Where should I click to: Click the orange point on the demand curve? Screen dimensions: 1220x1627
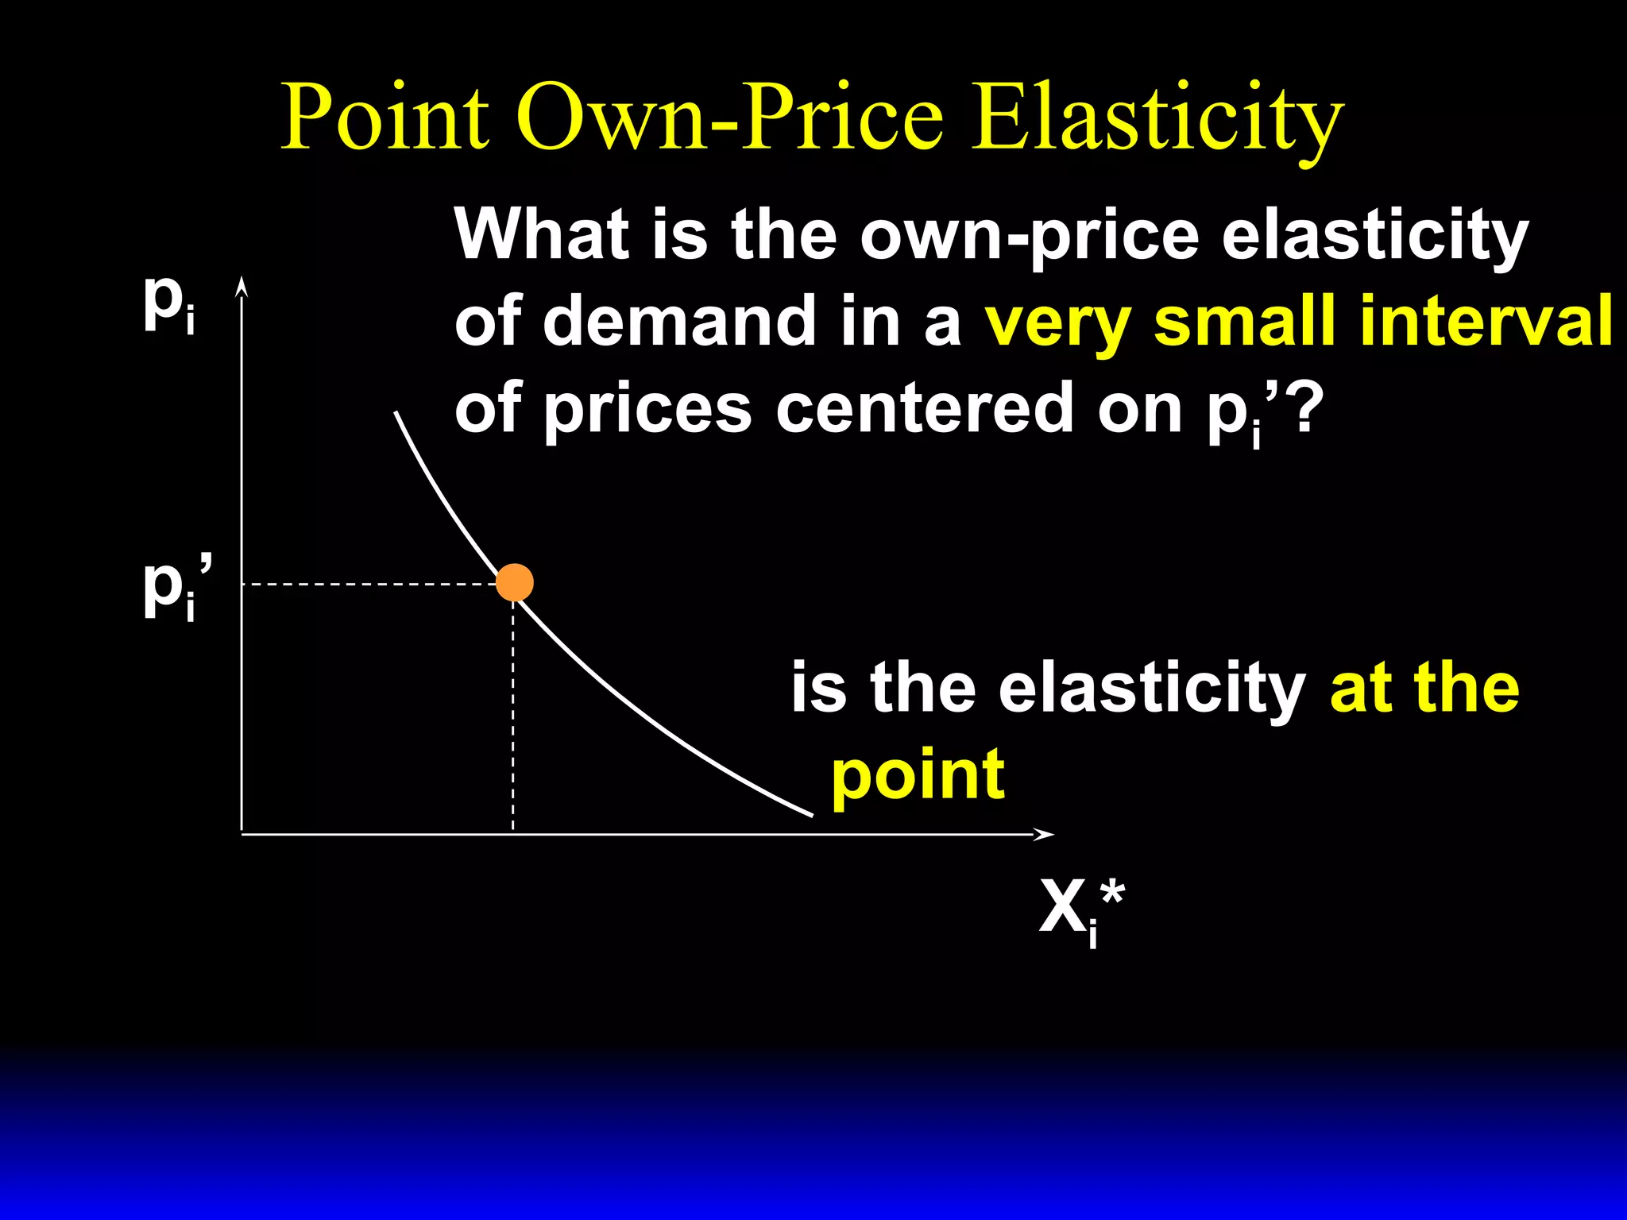(514, 583)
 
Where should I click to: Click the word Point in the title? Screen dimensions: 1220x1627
(385, 118)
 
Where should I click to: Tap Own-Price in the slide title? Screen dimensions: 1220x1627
(731, 118)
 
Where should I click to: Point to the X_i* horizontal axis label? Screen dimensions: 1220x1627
(1081, 911)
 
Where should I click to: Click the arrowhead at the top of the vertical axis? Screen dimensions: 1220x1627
(242, 287)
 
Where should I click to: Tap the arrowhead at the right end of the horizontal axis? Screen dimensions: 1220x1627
(1044, 834)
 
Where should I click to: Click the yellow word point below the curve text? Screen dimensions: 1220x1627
(918, 776)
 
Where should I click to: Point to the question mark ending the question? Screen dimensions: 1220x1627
(1308, 408)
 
